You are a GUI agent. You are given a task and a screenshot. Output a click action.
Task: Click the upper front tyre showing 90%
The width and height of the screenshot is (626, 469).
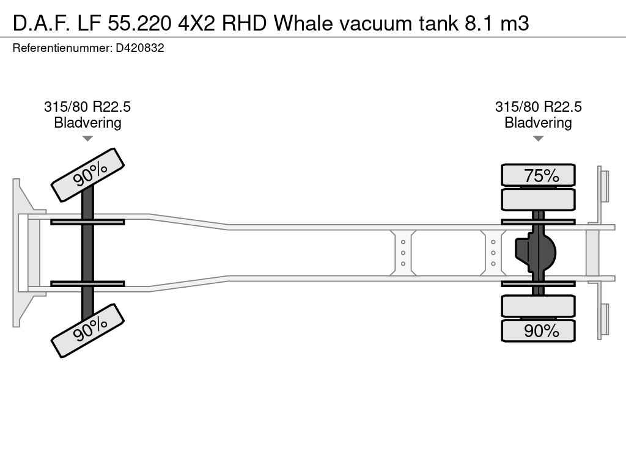87,175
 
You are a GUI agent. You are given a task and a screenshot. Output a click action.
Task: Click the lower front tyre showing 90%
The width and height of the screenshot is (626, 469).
87,330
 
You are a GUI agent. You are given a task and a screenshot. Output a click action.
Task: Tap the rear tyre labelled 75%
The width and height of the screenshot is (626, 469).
538,175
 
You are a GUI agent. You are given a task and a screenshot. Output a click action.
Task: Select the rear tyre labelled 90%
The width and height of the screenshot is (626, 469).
538,330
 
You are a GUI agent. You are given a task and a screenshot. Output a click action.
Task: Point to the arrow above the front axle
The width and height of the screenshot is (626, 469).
87,139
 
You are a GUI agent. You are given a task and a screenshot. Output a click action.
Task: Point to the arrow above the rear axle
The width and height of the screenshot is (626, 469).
538,139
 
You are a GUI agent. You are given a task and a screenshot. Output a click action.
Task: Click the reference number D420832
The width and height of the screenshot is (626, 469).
139,48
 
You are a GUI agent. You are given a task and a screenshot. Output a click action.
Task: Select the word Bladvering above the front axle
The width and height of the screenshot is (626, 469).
87,123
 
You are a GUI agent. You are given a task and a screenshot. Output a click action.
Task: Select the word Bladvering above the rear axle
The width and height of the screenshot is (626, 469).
538,123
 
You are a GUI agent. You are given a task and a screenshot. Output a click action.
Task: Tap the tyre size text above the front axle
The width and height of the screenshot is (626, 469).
87,107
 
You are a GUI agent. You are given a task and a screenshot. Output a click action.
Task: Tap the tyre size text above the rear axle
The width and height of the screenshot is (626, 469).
538,107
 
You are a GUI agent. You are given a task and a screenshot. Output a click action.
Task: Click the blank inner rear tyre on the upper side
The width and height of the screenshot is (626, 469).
538,199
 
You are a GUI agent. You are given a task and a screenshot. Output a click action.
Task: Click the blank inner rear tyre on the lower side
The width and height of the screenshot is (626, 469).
538,306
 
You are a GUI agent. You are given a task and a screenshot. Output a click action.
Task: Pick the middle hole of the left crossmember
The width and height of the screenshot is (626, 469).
403,253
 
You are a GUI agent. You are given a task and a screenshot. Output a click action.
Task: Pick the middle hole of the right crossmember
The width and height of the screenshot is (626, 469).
493,253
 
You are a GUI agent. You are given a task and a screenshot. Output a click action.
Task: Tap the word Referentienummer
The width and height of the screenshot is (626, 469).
62,48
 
